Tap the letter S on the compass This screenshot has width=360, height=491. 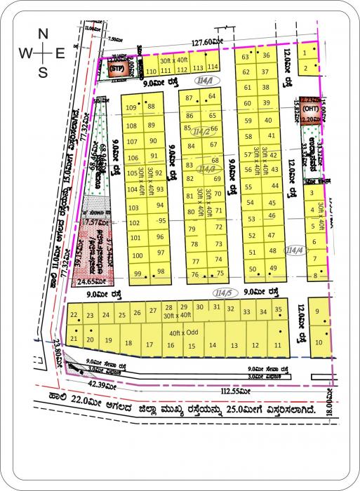click(x=43, y=72)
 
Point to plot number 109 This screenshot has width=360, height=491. click(x=131, y=107)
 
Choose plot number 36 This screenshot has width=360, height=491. click(x=266, y=56)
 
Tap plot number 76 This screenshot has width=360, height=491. click(x=194, y=274)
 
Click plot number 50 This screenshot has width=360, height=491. click(x=253, y=269)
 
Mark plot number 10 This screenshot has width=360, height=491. click(x=319, y=342)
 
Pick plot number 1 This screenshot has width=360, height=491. click(x=306, y=52)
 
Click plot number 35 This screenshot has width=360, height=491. click(x=279, y=309)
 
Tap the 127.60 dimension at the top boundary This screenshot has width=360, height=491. click(x=204, y=43)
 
